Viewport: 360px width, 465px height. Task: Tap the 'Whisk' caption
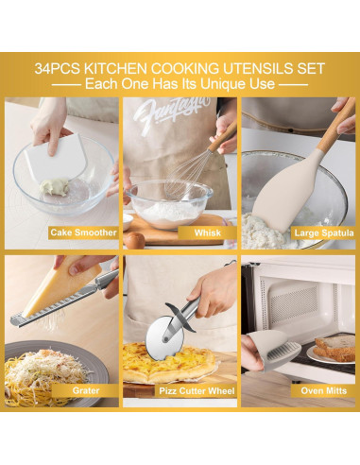(208, 232)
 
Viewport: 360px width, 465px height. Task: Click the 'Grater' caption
(86, 388)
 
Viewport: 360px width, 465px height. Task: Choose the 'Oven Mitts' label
(323, 388)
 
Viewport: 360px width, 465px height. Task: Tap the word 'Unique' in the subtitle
(218, 84)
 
